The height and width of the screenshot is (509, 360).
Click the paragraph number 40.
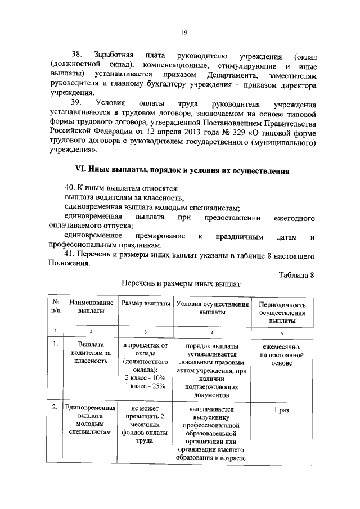click(x=71, y=188)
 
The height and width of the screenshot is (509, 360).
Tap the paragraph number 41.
click(x=71, y=256)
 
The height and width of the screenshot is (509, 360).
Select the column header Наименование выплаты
click(x=91, y=308)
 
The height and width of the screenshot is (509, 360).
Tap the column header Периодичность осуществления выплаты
click(x=283, y=312)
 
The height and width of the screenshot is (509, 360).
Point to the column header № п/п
click(x=55, y=308)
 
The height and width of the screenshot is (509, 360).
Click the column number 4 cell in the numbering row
click(x=212, y=332)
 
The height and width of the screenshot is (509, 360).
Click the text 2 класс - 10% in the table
click(x=145, y=378)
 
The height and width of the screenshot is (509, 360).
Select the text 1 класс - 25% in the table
click(x=145, y=386)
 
